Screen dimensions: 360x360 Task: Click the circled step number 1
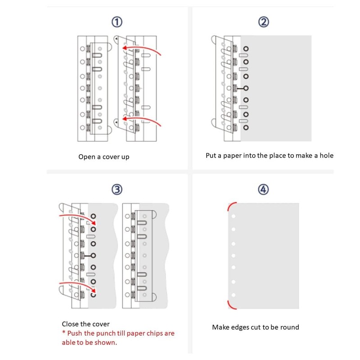click(117, 22)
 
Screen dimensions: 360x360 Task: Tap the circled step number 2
click(264, 22)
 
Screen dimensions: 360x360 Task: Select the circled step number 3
click(117, 189)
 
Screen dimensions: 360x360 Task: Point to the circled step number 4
click(264, 189)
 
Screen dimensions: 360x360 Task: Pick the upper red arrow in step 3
click(76, 216)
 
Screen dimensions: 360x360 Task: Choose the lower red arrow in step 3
click(76, 286)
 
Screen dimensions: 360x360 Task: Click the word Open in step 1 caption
click(87, 157)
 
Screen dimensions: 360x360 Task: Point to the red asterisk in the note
click(64, 333)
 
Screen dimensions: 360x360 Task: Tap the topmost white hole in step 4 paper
click(234, 216)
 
